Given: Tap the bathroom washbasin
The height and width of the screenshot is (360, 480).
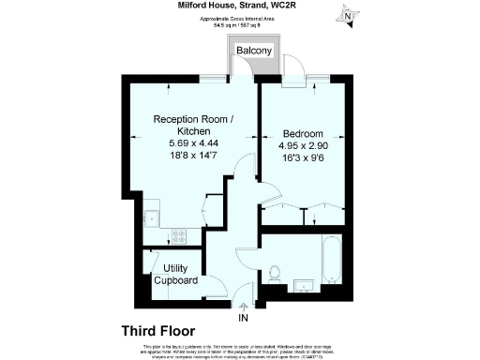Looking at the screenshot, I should click(304, 285).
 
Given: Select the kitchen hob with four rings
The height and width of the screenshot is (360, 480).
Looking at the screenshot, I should click(178, 238).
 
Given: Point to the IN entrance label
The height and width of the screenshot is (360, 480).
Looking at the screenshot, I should click(244, 319).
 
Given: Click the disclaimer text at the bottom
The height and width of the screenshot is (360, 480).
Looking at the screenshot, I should click(240, 350).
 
